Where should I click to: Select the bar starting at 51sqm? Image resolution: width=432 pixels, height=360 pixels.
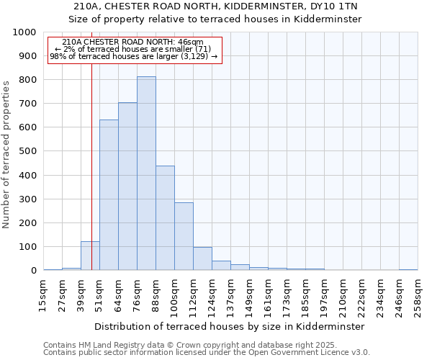pos(109,195)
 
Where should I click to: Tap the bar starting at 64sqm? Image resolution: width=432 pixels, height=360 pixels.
pos(127,186)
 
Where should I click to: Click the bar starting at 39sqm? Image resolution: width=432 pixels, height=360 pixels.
pos(90,256)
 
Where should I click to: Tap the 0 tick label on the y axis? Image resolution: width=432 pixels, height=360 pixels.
pos(33,271)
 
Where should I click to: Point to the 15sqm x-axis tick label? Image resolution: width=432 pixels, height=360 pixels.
pos(43,295)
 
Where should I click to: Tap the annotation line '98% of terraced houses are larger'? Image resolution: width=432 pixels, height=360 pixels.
pos(134,56)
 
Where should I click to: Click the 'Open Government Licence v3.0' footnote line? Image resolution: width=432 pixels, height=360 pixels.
pos(207,353)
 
